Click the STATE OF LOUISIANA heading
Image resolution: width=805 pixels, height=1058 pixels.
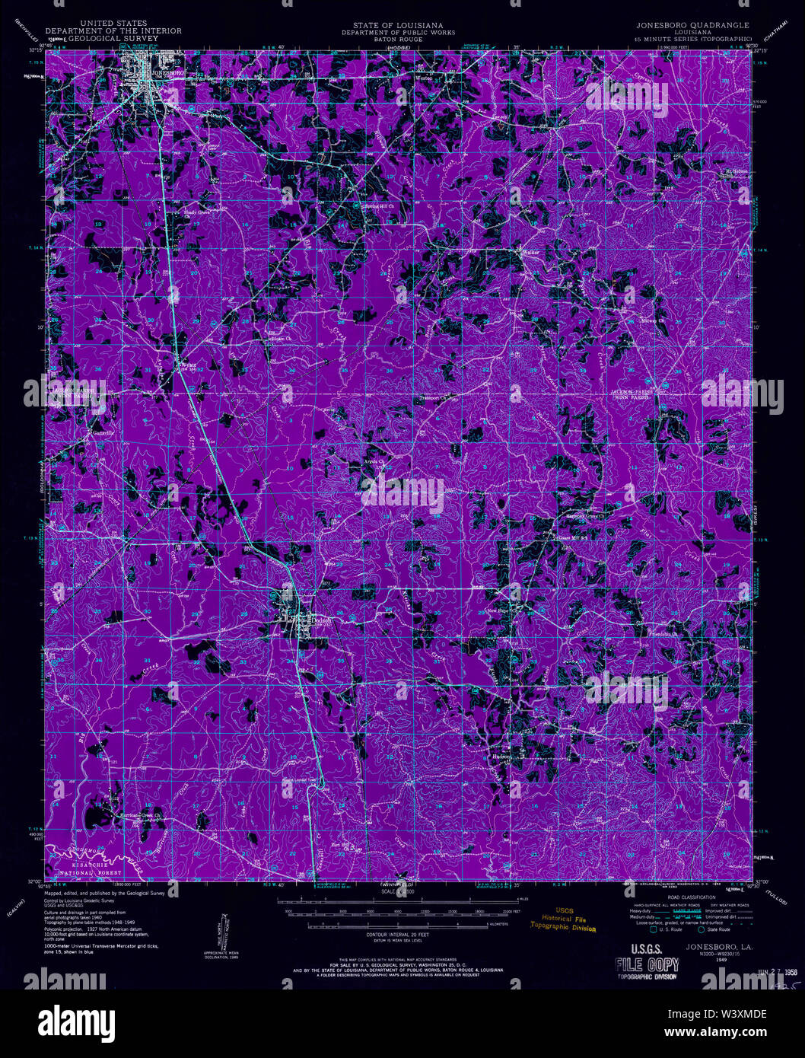pyautogui.click(x=398, y=25)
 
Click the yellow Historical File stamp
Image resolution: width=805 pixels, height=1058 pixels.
pyautogui.click(x=564, y=919)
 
